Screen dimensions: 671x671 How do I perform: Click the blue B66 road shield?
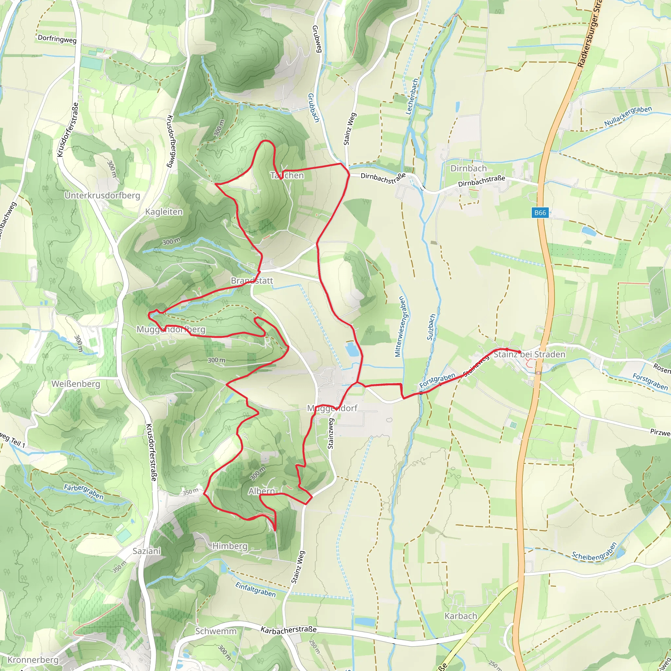[540, 213]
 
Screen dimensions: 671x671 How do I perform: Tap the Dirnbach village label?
[469, 168]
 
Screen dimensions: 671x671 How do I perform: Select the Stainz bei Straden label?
[529, 354]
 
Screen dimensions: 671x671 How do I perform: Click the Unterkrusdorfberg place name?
[103, 195]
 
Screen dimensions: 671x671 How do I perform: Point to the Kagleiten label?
[164, 212]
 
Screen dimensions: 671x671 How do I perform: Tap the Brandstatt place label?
[252, 281]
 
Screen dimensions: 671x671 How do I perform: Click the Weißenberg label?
[76, 384]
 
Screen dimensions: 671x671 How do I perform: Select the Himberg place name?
[230, 546]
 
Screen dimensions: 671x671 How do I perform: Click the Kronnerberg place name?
[33, 660]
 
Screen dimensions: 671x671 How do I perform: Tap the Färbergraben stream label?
[84, 492]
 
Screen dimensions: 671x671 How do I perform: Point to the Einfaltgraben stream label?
[256, 589]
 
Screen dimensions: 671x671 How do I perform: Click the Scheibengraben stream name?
[594, 552]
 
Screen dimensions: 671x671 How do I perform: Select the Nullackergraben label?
[628, 116]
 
